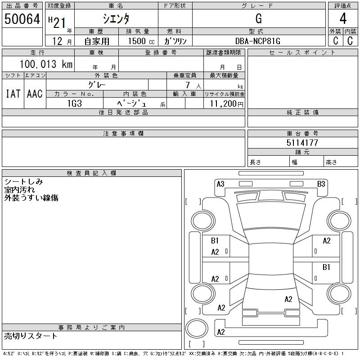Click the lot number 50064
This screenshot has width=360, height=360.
tap(22, 19)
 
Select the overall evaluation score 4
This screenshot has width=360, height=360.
tap(343, 19)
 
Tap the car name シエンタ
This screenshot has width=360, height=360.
tap(116, 19)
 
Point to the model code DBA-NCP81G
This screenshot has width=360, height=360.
tap(258, 41)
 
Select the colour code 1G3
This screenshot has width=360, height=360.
tap(74, 103)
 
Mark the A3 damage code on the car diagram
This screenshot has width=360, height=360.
tap(220, 184)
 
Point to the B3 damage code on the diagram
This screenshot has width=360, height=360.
tap(321, 184)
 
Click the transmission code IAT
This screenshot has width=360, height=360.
tap(13, 94)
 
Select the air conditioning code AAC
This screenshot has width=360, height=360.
tap(35, 94)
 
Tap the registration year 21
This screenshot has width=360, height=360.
tap(59, 19)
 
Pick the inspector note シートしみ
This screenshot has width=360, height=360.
tap(23, 182)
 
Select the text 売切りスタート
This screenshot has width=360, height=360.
tap(31, 336)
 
